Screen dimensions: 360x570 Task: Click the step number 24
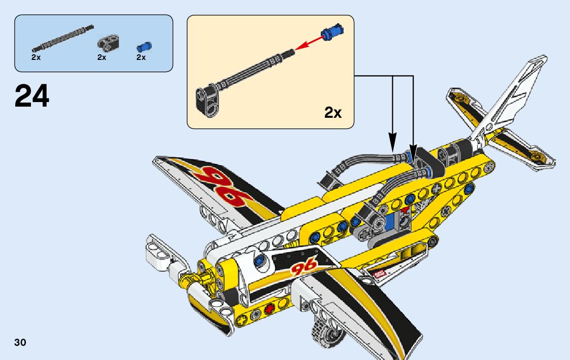click(x=32, y=96)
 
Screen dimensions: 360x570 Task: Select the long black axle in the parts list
click(x=62, y=38)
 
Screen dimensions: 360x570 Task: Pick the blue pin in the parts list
click(x=144, y=47)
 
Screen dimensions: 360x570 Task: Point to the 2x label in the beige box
click(x=333, y=113)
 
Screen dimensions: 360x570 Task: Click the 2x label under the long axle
click(x=36, y=57)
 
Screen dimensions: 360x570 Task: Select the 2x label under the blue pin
click(x=141, y=57)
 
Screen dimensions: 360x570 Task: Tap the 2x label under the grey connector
click(x=102, y=57)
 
